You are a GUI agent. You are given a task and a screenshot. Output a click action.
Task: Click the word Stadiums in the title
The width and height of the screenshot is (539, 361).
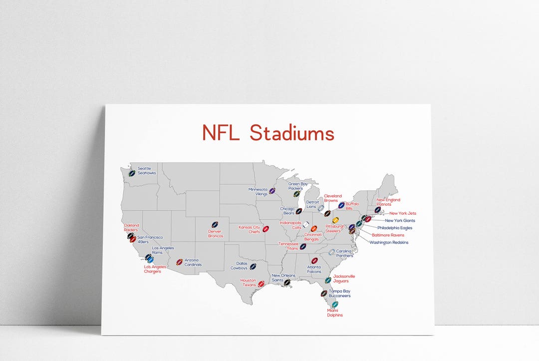292,133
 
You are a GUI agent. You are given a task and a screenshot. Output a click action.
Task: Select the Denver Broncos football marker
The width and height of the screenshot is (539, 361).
215,225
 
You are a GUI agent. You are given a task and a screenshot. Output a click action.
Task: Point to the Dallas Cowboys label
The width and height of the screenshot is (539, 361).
239,266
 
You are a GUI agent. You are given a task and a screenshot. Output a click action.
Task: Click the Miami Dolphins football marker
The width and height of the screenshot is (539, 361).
335,304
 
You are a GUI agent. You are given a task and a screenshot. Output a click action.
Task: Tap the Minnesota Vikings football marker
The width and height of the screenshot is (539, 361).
272,191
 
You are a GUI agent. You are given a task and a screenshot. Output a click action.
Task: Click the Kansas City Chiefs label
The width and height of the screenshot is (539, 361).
249,229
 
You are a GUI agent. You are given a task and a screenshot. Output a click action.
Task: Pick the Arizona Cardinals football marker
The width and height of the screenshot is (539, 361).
179,262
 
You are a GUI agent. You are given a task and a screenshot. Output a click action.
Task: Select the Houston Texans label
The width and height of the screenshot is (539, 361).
249,283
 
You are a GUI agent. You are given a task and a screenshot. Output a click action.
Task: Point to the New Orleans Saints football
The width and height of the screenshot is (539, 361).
287,282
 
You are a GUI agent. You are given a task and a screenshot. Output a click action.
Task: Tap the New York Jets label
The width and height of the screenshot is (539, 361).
403,213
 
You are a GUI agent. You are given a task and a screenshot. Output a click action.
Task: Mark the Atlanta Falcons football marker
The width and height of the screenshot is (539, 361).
314,261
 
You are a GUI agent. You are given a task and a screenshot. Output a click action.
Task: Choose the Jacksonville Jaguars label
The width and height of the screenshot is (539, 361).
344,278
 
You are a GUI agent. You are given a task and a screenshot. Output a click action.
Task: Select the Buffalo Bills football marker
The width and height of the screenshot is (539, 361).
341,205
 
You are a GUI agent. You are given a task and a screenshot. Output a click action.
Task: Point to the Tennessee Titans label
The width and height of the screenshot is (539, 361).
288,246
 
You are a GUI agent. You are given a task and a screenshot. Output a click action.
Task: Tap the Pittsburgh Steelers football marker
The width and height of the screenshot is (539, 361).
335,220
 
